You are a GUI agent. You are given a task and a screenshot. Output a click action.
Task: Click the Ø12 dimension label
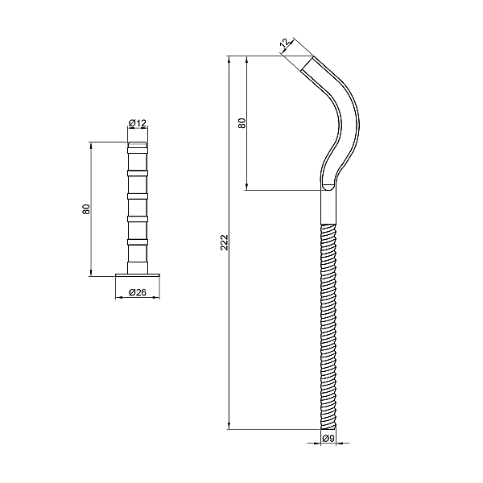tap(137, 123)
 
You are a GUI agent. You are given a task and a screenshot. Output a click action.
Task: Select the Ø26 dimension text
tap(137, 293)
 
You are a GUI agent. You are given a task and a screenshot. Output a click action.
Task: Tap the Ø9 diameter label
tap(328, 439)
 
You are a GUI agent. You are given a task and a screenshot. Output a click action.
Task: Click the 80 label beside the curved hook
tap(242, 123)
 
